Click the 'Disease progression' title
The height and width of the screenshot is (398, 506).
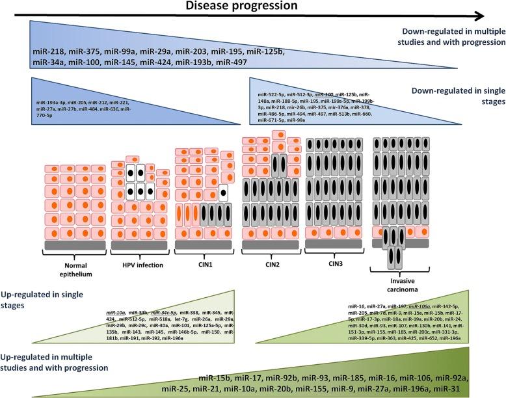click(x=251, y=7)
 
